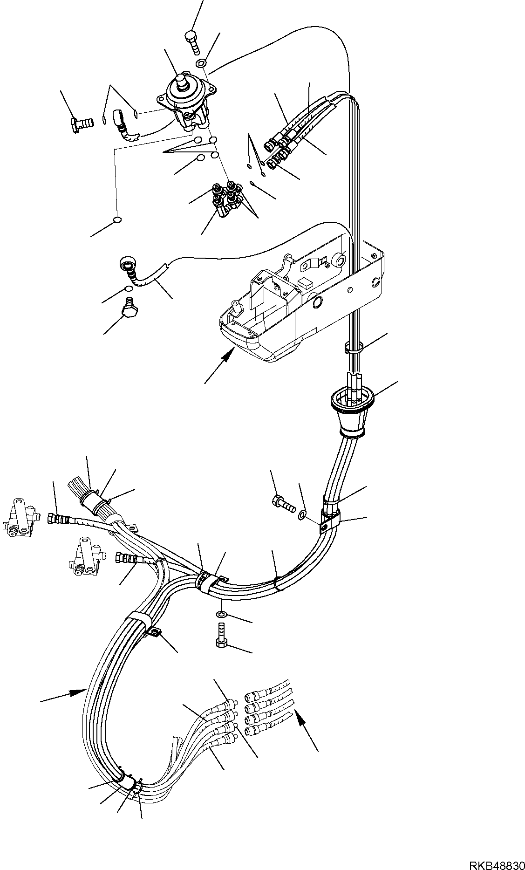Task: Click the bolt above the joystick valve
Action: [x=192, y=42]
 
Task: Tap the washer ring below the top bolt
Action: [x=201, y=63]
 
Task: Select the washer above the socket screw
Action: [x=222, y=614]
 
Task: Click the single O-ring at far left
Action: [x=118, y=220]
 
